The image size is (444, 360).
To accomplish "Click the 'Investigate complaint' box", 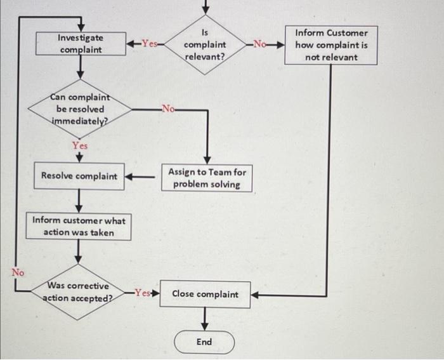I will coord(81,43).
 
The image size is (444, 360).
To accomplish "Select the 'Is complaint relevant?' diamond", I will coord(205,44).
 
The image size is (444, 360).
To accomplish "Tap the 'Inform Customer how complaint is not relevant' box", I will coord(330,45).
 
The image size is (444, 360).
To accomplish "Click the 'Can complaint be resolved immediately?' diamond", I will coord(79,109).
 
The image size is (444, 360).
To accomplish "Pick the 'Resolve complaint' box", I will coord(79,176).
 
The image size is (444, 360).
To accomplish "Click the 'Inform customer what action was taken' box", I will coord(79,227).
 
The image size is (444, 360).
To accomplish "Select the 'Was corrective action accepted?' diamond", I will coord(79,292).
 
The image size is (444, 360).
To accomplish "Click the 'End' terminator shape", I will coord(204,342).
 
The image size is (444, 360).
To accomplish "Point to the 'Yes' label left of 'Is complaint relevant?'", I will coord(150,44).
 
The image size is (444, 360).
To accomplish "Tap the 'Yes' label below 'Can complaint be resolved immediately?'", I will coord(79,145).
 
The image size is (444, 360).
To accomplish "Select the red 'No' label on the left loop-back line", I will coord(17,272).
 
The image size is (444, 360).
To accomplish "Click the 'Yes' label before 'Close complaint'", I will coord(142,294).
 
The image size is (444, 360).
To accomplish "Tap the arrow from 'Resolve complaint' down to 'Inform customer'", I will coord(79,201).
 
